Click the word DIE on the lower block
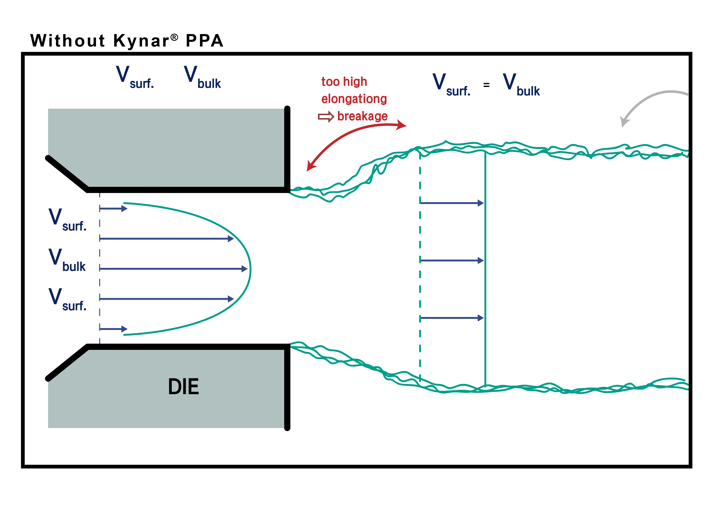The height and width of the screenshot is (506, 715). (183, 387)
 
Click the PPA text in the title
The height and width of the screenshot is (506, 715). (205, 41)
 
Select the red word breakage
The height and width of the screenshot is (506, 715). (362, 117)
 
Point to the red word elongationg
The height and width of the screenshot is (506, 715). (354, 99)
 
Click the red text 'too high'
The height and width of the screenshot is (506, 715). (344, 82)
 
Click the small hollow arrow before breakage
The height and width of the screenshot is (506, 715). (326, 117)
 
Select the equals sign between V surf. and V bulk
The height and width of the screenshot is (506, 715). (487, 85)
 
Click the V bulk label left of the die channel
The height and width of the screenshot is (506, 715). (67, 260)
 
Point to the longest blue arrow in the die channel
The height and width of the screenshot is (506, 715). (173, 269)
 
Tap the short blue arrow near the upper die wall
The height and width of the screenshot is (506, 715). (113, 209)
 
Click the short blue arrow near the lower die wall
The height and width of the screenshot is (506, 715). (113, 329)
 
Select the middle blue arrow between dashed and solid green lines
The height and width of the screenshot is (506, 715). (451, 260)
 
